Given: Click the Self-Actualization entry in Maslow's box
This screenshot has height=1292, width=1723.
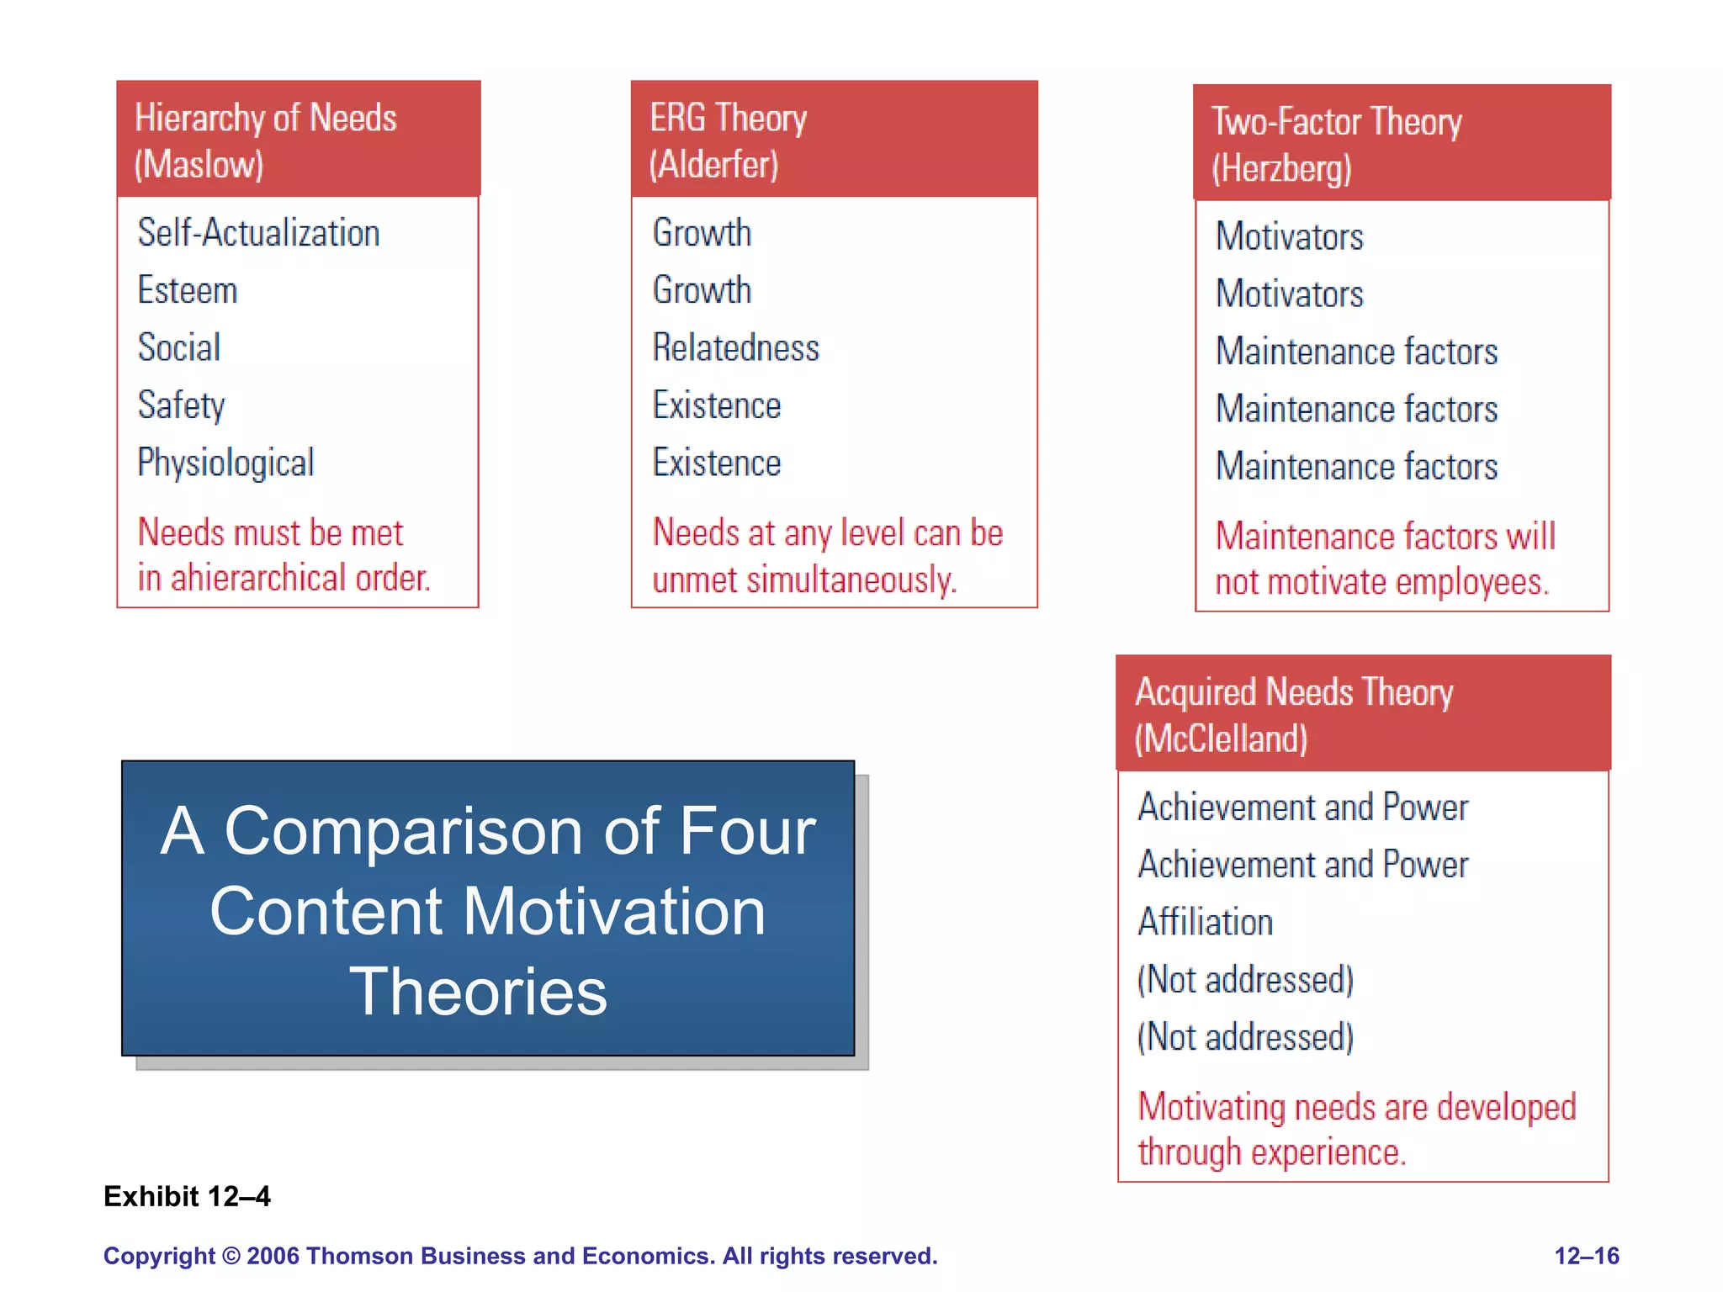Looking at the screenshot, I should tap(258, 233).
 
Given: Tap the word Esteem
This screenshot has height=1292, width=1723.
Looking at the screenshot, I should tap(188, 290).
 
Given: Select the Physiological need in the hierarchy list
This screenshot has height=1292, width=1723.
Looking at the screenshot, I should tap(225, 463).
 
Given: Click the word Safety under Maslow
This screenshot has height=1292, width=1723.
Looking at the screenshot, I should tap(181, 405).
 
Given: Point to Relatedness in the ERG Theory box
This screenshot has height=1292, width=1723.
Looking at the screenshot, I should tap(735, 348).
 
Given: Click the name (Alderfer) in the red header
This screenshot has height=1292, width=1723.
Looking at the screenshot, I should tap(713, 164).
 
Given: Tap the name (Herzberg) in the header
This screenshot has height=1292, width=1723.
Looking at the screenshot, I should tap(1281, 168).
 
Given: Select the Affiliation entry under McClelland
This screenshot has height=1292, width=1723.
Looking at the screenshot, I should tap(1205, 923).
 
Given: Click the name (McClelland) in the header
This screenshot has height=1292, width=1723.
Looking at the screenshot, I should tap(1221, 739).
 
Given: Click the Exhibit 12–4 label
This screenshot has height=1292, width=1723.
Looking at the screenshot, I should tap(187, 1196).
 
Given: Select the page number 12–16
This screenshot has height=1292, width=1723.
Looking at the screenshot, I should tap(1586, 1256).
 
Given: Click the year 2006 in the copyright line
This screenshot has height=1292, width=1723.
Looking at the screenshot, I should tap(273, 1256).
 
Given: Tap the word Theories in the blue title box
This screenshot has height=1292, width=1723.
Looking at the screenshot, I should tap(478, 992).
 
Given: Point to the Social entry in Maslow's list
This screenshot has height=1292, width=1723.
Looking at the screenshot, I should tap(179, 348).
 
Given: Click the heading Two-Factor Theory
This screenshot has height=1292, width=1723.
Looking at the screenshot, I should tap(1336, 122).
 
